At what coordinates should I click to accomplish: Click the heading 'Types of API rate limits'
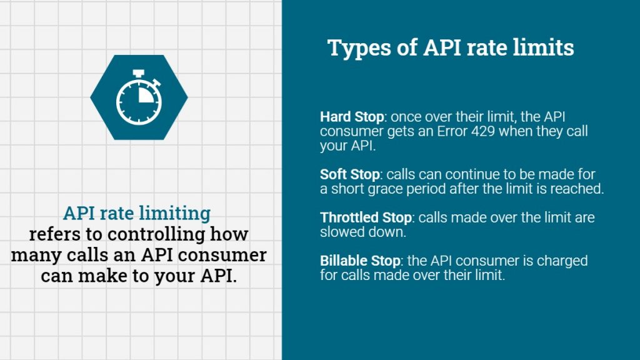[451, 48]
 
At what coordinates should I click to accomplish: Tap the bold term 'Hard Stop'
[344, 117]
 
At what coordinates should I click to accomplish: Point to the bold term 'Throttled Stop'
[366, 217]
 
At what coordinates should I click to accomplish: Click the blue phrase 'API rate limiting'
[137, 213]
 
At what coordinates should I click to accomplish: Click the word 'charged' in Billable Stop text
[562, 260]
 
